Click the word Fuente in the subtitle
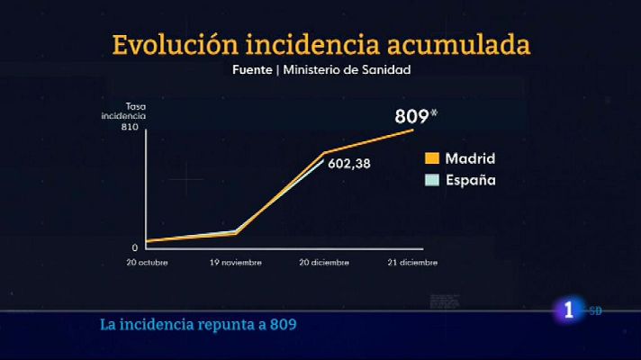pyautogui.click(x=253, y=68)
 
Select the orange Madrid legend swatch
pyautogui.click(x=431, y=158)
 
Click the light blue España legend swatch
pyautogui.click(x=431, y=180)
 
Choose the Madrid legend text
pyautogui.click(x=471, y=158)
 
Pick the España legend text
pyautogui.click(x=471, y=180)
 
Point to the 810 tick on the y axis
pyautogui.click(x=129, y=128)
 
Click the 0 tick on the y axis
pyautogui.click(x=135, y=247)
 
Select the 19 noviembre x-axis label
pyautogui.click(x=235, y=263)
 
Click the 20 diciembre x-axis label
pyautogui.click(x=326, y=263)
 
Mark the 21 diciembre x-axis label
pyautogui.click(x=412, y=263)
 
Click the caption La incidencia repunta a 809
pyautogui.click(x=198, y=324)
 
